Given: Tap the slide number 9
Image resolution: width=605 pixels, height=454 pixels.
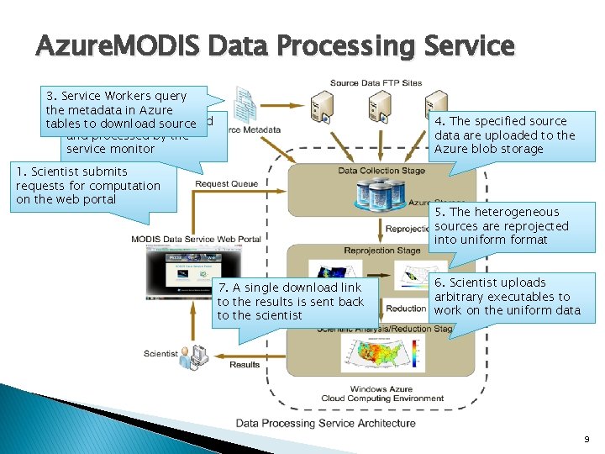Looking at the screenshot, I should click(x=586, y=439).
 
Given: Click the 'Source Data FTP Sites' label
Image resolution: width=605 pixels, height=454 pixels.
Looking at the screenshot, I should click(x=376, y=83).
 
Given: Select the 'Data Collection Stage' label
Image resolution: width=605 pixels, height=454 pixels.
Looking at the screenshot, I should click(x=381, y=171).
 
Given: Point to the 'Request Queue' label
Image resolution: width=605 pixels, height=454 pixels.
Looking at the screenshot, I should click(x=226, y=184).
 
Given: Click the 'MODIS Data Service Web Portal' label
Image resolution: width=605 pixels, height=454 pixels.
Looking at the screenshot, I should click(x=196, y=239).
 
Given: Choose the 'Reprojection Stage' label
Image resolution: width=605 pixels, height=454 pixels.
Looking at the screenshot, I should click(x=382, y=251).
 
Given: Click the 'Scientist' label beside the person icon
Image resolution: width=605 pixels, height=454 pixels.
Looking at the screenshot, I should click(x=160, y=354).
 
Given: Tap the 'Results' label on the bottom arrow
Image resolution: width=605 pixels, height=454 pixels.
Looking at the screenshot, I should click(x=245, y=365).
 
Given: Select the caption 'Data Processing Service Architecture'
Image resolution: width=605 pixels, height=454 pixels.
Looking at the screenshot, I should click(x=325, y=423).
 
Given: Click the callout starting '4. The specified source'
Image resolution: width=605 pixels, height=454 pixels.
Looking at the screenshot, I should click(x=504, y=135).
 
